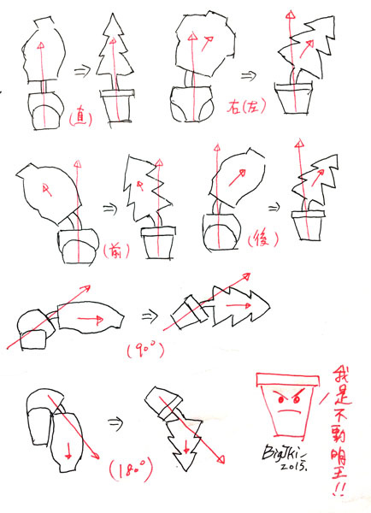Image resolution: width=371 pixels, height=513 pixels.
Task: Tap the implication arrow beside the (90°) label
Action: click(149, 315)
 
